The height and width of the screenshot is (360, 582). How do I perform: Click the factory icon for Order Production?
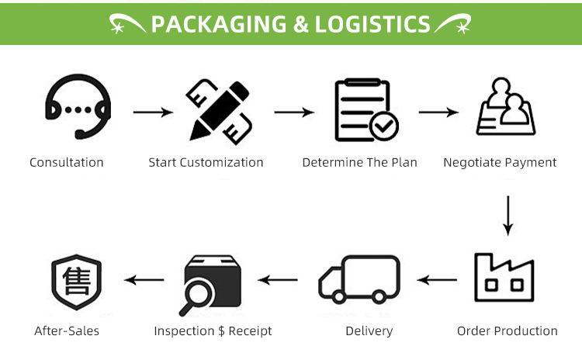[x=504, y=279]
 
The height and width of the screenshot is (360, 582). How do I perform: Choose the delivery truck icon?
[x=359, y=280]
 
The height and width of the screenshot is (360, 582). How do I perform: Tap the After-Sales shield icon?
[x=76, y=281]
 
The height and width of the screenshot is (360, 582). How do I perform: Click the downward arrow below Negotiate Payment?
[x=508, y=216]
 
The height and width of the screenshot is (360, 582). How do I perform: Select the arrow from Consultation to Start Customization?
[x=152, y=112]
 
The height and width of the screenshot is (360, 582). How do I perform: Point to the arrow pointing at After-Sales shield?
[x=144, y=279]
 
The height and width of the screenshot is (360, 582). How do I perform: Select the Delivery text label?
[x=369, y=331]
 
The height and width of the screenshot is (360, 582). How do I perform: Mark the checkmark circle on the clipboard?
[x=384, y=125]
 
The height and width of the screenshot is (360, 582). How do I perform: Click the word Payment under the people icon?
[x=531, y=163]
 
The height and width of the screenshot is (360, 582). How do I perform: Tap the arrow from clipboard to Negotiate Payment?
[x=439, y=112]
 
